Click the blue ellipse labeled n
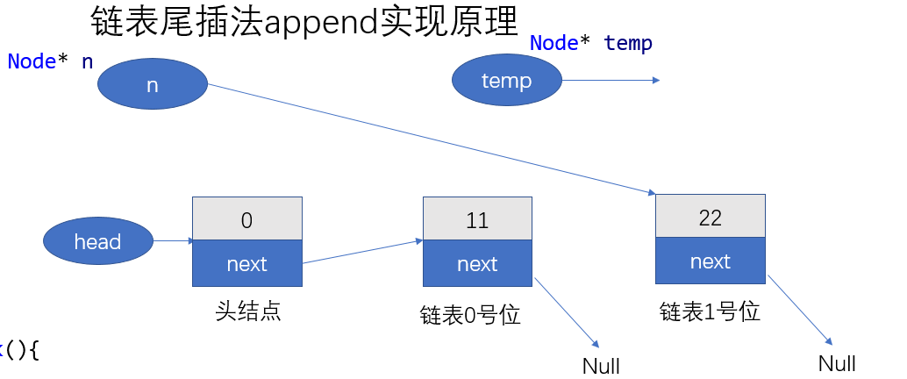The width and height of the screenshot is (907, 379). coord(152,83)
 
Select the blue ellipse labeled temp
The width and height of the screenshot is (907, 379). coord(506,81)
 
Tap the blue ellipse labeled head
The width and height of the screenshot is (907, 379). coord(97,241)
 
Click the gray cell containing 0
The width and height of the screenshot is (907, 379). coord(246,219)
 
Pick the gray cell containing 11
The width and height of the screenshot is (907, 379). coord(477,219)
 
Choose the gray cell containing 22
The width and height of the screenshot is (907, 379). coord(710,217)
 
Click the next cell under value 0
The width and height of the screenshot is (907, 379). coord(246,263)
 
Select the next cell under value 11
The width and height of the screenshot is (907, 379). coord(477,263)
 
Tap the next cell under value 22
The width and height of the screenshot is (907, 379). coord(710,261)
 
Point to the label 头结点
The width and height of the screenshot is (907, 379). coord(247,311)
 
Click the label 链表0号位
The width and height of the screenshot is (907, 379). coord(470,314)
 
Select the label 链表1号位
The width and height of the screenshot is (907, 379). coord(709,311)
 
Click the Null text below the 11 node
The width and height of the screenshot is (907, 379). coord(601,365)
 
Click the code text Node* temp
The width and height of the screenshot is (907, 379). coord(590,42)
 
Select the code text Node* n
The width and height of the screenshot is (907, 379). coord(50,61)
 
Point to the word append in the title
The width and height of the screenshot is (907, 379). coord(320,23)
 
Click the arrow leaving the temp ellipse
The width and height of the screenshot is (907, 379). coord(610,81)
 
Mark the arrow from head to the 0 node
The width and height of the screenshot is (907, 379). coord(173,240)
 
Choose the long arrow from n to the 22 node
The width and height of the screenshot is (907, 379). coord(430,139)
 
